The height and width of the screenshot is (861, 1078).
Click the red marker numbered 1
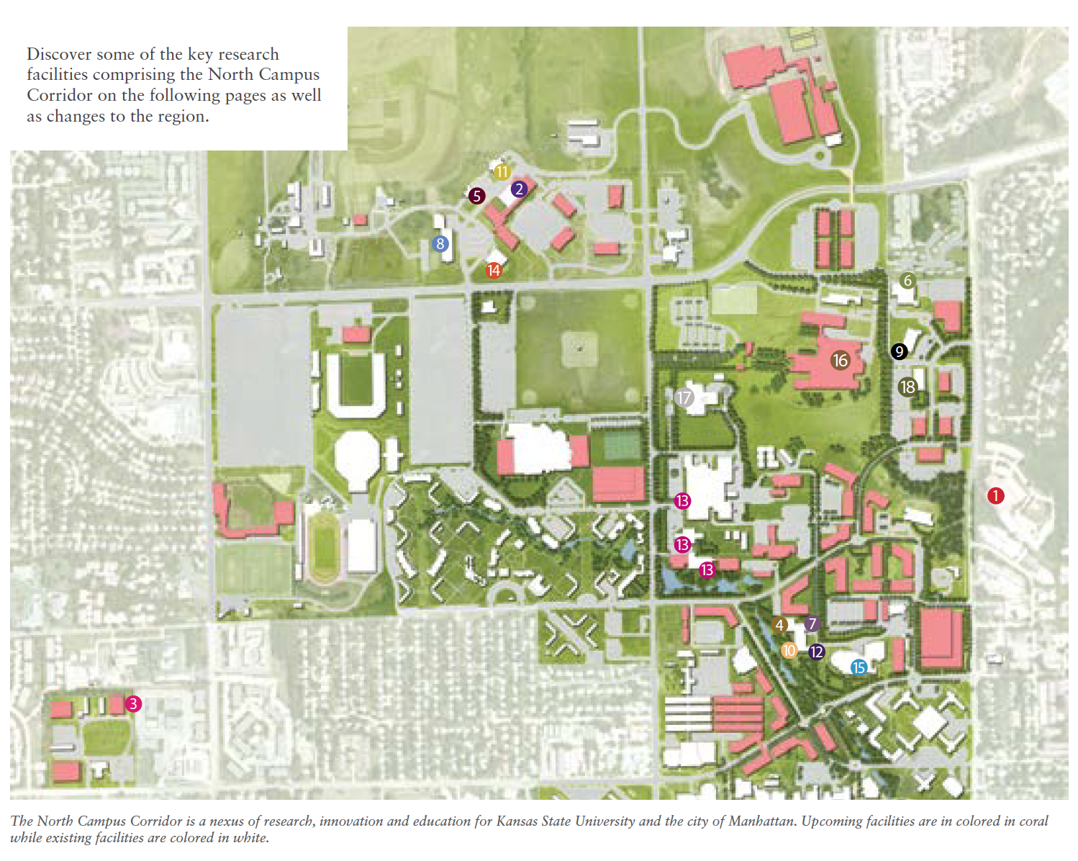pyautogui.click(x=995, y=495)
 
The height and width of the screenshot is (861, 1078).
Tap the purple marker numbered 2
pyautogui.click(x=519, y=189)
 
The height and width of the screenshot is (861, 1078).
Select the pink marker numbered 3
pyautogui.click(x=133, y=704)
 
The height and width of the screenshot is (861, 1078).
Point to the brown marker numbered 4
pyautogui.click(x=779, y=625)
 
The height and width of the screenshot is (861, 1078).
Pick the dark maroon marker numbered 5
pyautogui.click(x=476, y=196)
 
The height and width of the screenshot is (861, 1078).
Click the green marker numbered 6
pyautogui.click(x=907, y=281)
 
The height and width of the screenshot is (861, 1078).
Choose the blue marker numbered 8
pyautogui.click(x=440, y=244)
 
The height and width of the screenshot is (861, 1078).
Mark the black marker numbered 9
pyautogui.click(x=899, y=351)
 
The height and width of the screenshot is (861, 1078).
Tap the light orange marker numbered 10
pyautogui.click(x=789, y=651)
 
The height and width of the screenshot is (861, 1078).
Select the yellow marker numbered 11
pyautogui.click(x=502, y=172)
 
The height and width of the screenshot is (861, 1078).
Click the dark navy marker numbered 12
pyautogui.click(x=816, y=652)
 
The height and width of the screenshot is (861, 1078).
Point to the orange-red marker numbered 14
pyautogui.click(x=493, y=271)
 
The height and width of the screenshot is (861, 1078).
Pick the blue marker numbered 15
pyautogui.click(x=859, y=667)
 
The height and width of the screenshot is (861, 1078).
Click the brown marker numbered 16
pyautogui.click(x=841, y=360)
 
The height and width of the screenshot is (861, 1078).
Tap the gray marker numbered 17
pyautogui.click(x=684, y=397)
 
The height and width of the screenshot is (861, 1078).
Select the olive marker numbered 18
pyautogui.click(x=907, y=387)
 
